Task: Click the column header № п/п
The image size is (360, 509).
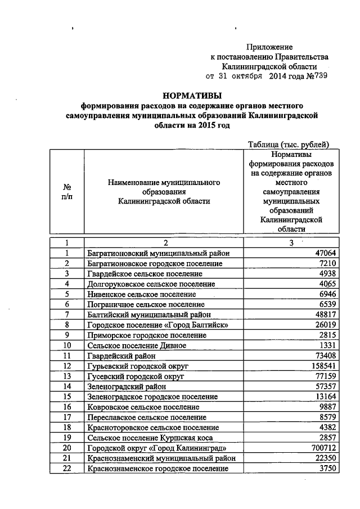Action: pyautogui.click(x=66, y=192)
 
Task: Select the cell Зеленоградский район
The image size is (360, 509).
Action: pyautogui.click(x=127, y=386)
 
